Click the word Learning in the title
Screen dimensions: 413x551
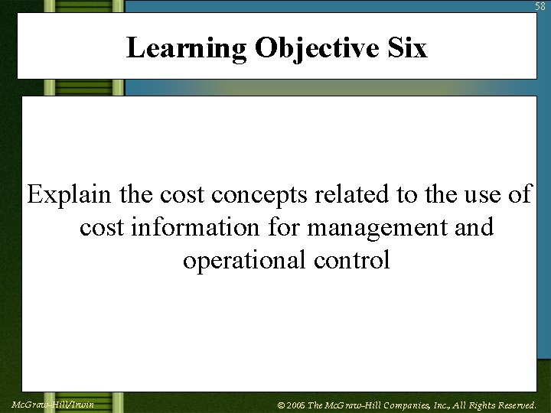pos(187,48)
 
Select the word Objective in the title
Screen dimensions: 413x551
pos(316,48)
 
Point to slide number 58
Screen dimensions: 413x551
pos(541,6)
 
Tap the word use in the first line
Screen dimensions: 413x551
pos(478,194)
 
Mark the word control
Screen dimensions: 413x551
pos(352,260)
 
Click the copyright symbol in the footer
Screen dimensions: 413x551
pos(281,405)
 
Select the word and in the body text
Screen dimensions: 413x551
pos(473,227)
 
